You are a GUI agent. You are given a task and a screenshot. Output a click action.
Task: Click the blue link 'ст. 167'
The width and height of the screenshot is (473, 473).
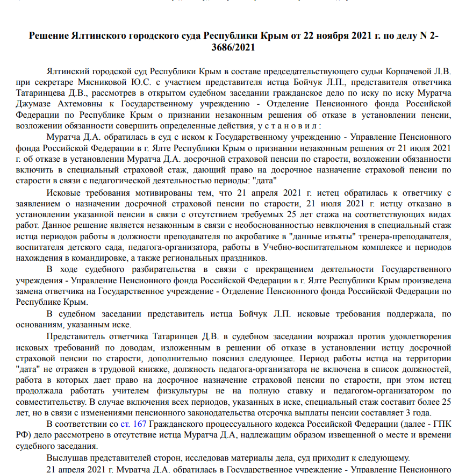point(133,424)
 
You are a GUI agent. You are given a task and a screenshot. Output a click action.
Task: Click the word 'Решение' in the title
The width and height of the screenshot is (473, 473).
point(49,36)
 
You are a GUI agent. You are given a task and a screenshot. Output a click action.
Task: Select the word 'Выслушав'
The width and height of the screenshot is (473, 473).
point(67,458)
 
